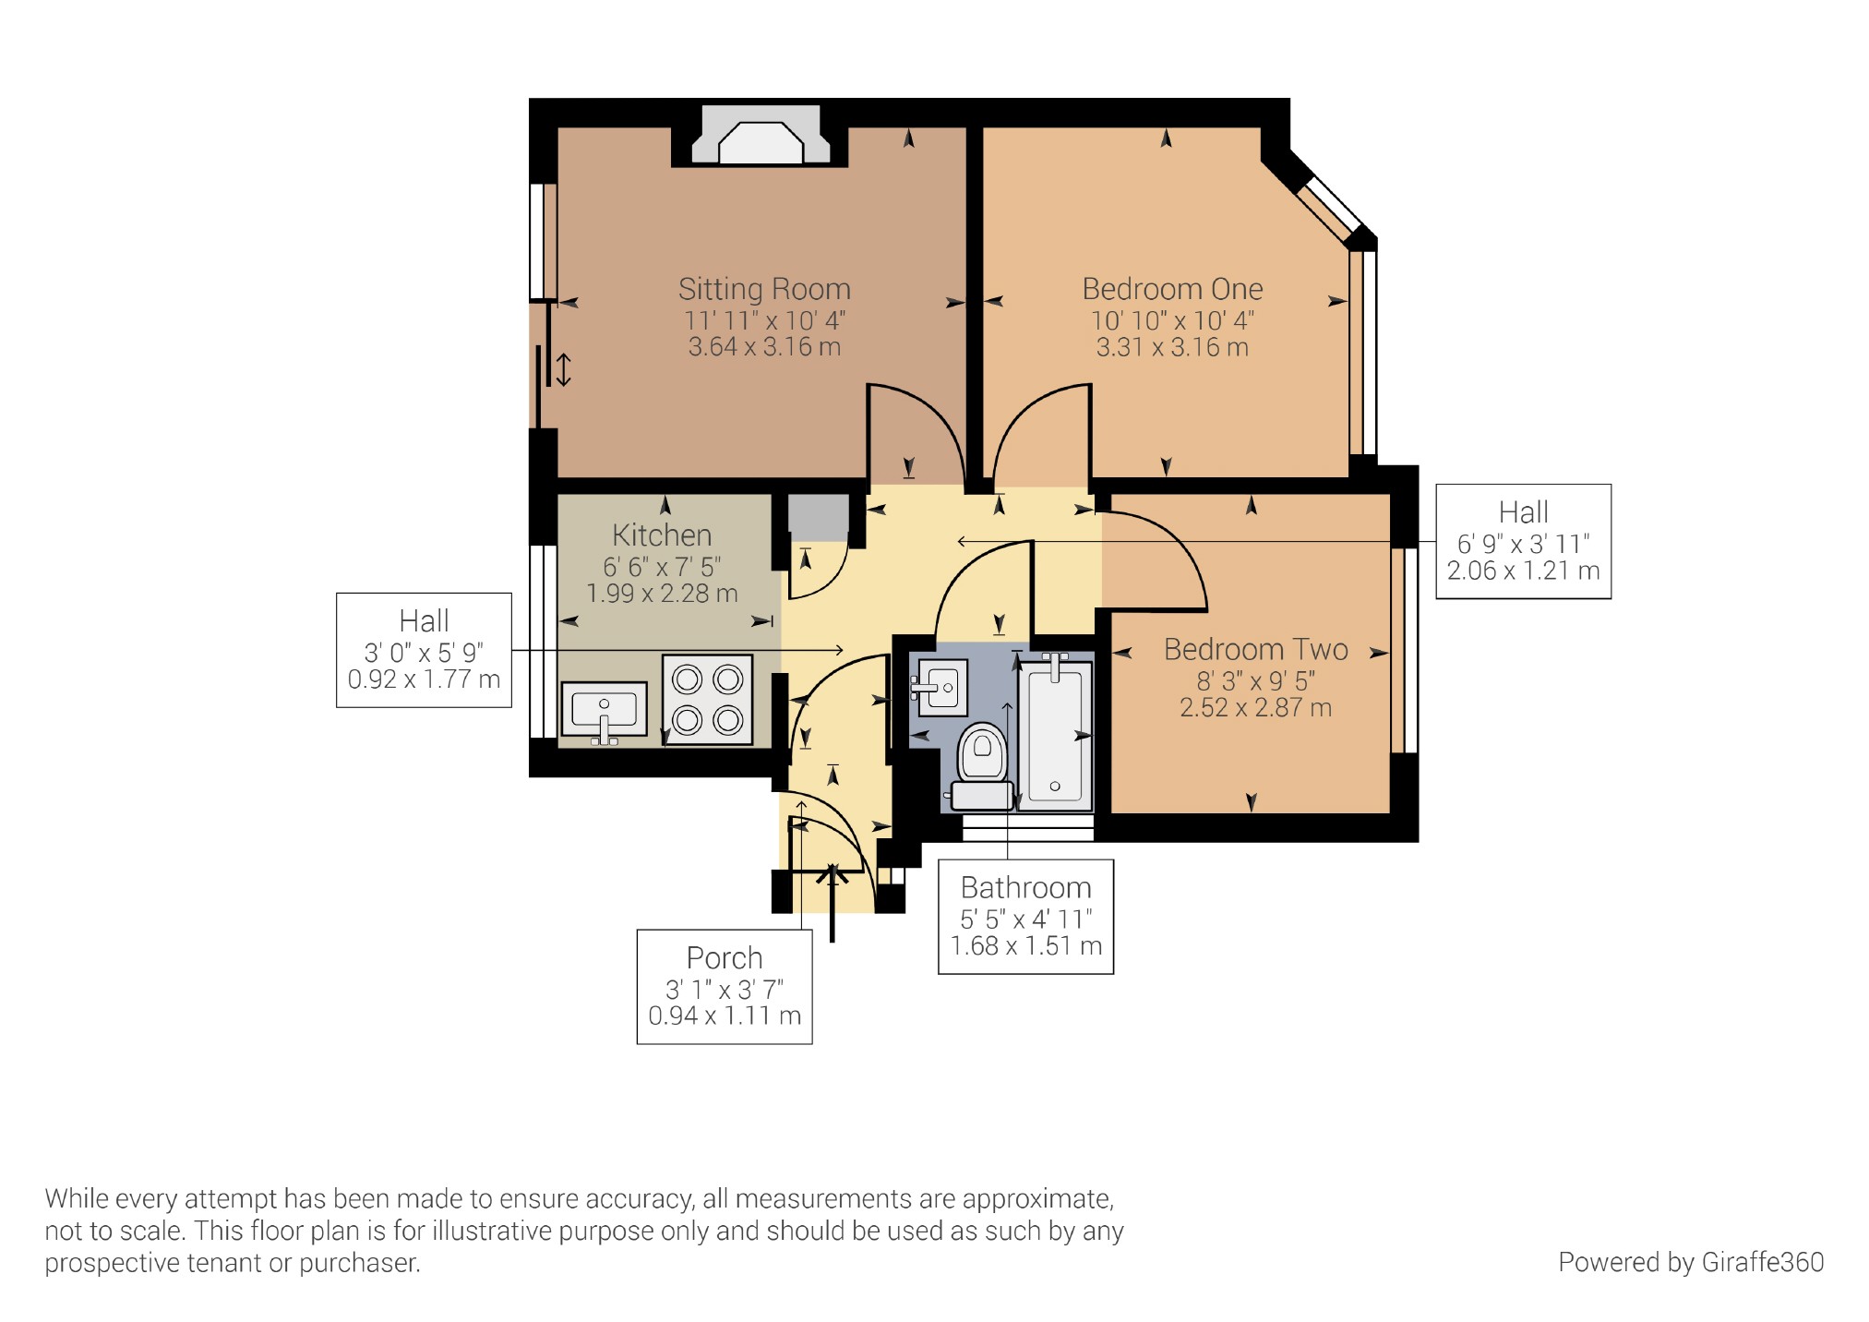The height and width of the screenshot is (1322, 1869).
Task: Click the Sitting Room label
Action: pyautogui.click(x=764, y=289)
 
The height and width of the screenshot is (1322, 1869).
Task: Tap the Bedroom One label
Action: pyautogui.click(x=1172, y=289)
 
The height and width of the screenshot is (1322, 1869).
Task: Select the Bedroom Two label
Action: pyautogui.click(x=1255, y=649)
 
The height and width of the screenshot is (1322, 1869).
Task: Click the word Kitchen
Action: pyautogui.click(x=662, y=535)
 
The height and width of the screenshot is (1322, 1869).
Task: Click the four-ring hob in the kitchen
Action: pyautogui.click(x=708, y=700)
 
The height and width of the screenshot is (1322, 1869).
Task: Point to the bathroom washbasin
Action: pyautogui.click(x=940, y=688)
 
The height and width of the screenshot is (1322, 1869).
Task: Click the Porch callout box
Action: pyautogui.click(x=725, y=986)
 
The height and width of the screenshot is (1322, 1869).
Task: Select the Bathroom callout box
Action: pyautogui.click(x=1025, y=917)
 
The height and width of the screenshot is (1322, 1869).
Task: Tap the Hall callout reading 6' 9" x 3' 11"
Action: pyautogui.click(x=1523, y=541)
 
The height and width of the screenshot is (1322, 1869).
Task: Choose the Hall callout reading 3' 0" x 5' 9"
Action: pyautogui.click(x=424, y=650)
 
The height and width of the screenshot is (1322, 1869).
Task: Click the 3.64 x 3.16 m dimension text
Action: pyautogui.click(x=764, y=347)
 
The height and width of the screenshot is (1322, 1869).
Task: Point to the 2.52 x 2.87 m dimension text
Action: pyautogui.click(x=1255, y=708)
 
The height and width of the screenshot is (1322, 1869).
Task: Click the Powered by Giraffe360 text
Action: pyautogui.click(x=1691, y=1262)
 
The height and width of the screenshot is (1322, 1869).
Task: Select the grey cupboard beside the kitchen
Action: pyautogui.click(x=818, y=518)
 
